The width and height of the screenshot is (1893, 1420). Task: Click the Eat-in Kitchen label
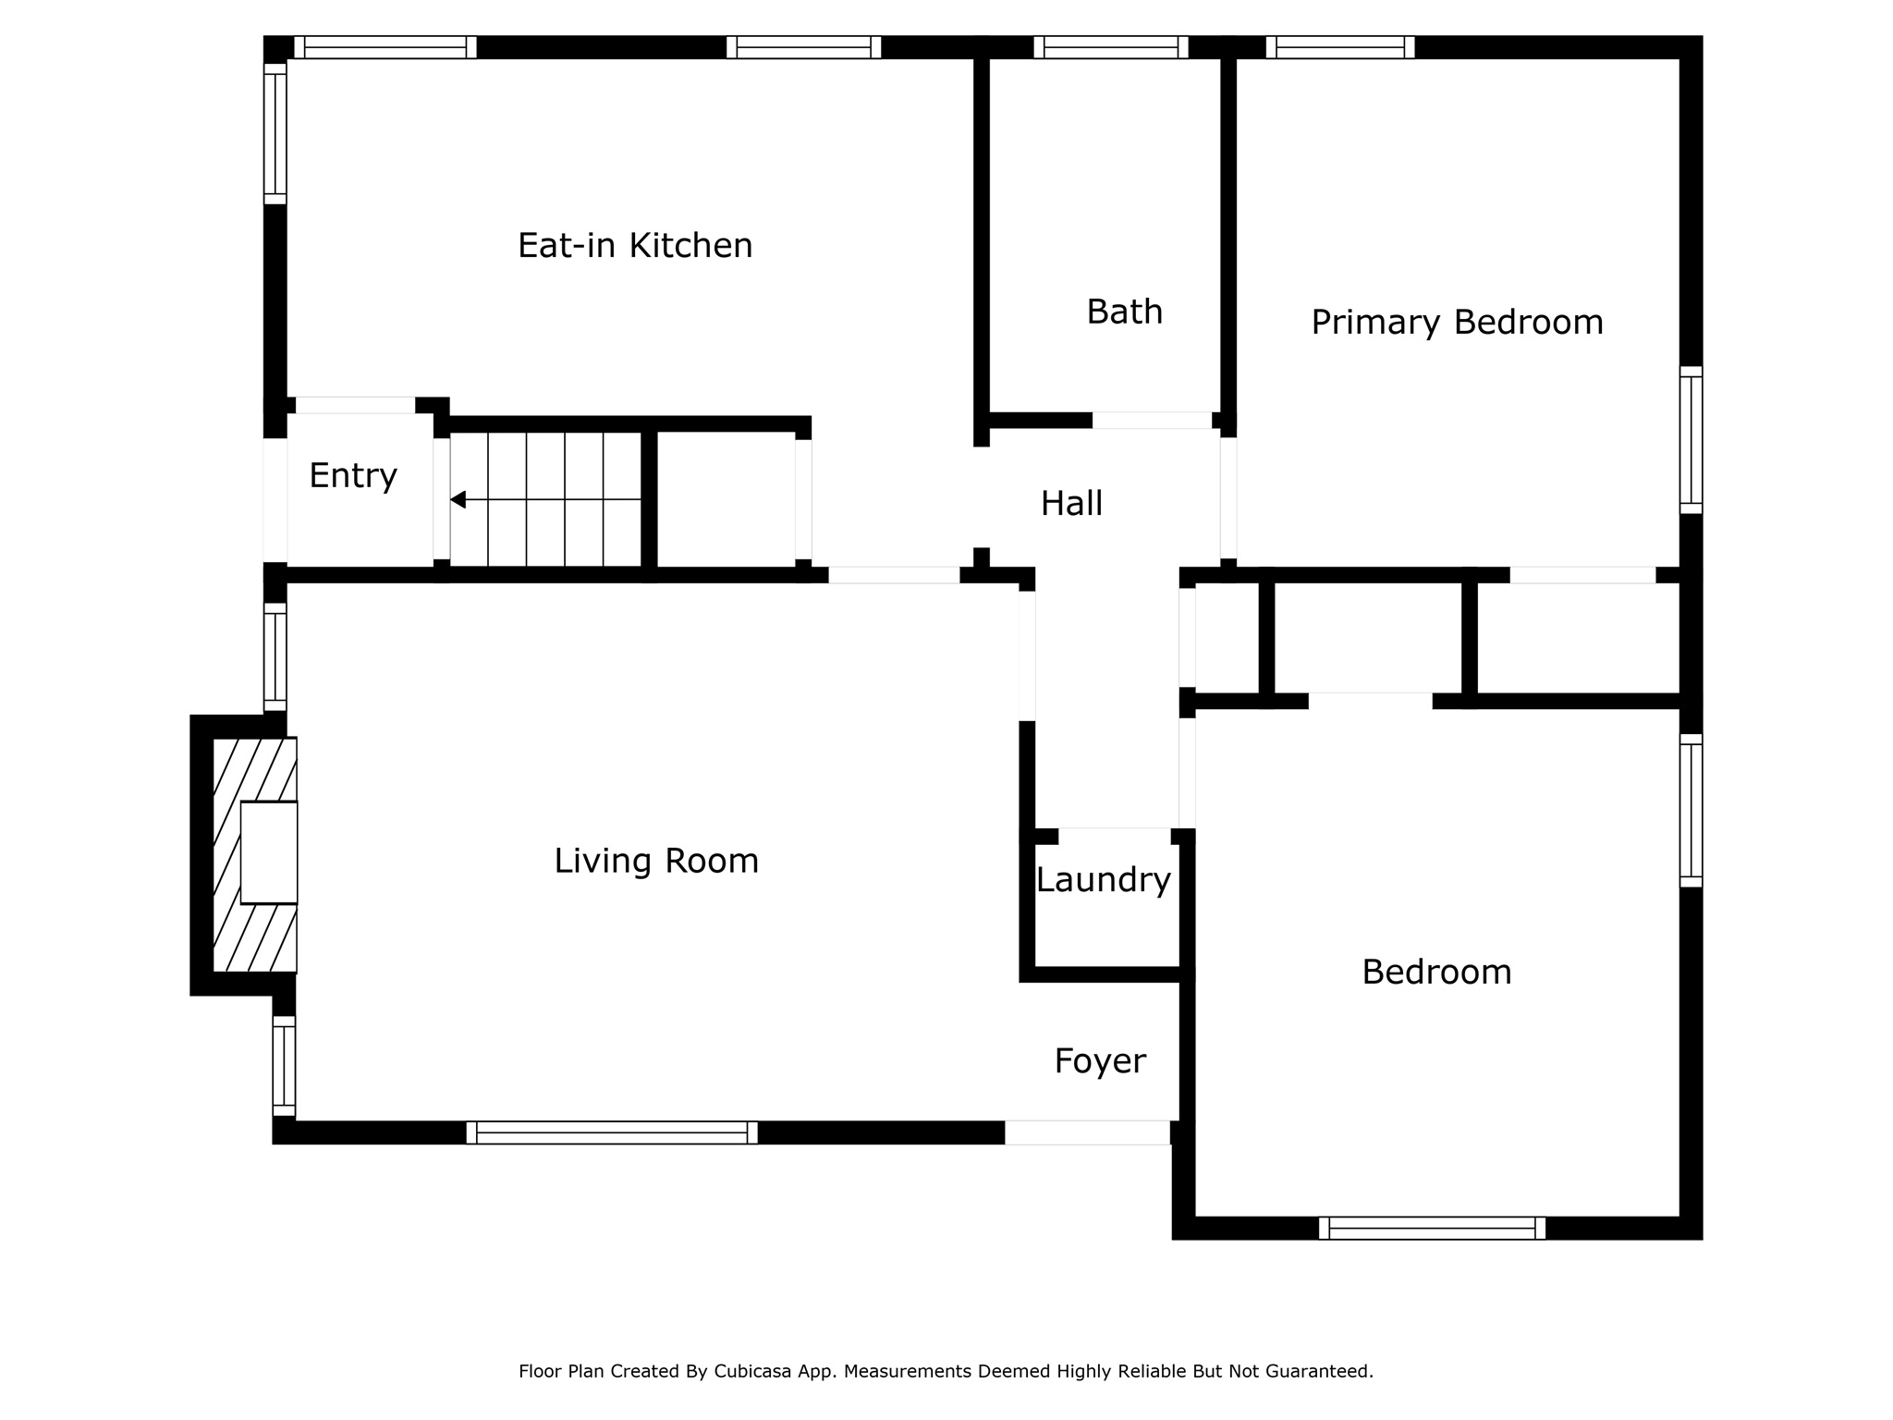tap(635, 246)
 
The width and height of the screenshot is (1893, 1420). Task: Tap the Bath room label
tap(1124, 312)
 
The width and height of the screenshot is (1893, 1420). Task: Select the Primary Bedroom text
tap(1457, 323)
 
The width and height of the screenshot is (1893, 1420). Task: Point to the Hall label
tap(1071, 504)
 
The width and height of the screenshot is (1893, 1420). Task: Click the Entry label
tap(353, 476)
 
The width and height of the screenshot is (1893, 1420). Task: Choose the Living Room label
tap(656, 861)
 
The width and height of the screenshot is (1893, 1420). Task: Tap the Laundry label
tap(1104, 880)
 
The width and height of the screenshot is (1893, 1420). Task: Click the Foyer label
tap(1100, 1061)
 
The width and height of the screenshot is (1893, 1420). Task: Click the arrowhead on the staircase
tap(458, 500)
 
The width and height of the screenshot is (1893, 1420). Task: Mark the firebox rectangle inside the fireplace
tap(269, 852)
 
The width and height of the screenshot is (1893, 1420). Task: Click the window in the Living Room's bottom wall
tap(612, 1132)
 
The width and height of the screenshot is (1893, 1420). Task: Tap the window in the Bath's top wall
tap(1111, 47)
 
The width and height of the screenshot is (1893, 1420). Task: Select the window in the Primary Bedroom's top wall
tap(1340, 47)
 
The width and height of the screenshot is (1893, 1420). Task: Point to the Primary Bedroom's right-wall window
tap(1691, 440)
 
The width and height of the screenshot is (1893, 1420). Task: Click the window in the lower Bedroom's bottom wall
tap(1432, 1228)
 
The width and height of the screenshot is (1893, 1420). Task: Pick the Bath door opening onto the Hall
tap(1152, 421)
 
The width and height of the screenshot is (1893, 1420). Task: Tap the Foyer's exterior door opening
tap(1087, 1132)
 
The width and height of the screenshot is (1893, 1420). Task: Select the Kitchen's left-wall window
tap(275, 133)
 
